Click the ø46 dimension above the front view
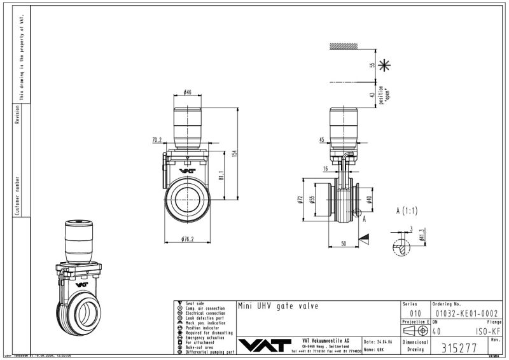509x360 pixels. (x=188, y=92)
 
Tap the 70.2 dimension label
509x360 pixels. (x=157, y=139)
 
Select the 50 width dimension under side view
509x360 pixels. (x=344, y=244)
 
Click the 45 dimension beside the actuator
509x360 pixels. (x=322, y=139)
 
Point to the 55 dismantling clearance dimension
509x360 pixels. (x=372, y=65)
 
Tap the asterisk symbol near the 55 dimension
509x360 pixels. (x=384, y=65)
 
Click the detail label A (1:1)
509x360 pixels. (x=407, y=211)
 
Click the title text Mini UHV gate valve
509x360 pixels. (x=277, y=306)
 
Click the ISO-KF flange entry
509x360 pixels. (x=489, y=331)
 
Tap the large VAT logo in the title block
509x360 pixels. (x=265, y=345)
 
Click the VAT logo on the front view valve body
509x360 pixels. (x=186, y=170)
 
